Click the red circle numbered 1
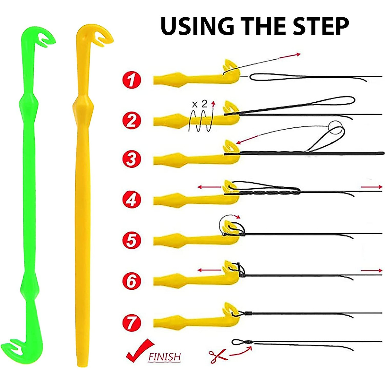tap(132, 79)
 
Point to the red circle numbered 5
tap(132, 240)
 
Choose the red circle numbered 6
tap(132, 281)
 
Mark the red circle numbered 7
tap(132, 322)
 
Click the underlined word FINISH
tap(164, 357)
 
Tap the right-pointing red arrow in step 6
tap(372, 271)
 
